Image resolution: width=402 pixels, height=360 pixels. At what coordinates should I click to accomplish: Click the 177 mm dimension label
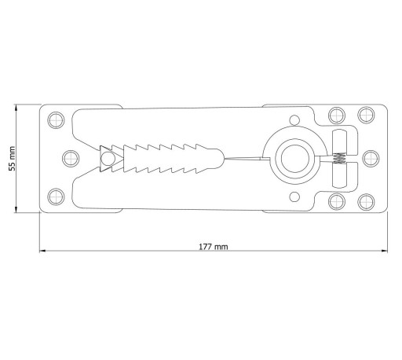click(x=214, y=247)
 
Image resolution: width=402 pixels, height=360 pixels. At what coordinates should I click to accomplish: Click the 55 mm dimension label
click(x=12, y=159)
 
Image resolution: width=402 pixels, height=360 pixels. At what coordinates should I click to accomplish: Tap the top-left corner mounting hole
click(x=56, y=120)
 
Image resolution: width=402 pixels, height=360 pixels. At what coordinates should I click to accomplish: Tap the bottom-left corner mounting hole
click(x=56, y=197)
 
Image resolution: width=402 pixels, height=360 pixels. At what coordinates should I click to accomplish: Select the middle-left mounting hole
click(x=71, y=158)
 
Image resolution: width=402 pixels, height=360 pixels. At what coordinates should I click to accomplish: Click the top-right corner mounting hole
click(x=366, y=115)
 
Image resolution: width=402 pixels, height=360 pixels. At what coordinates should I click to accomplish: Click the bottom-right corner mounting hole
click(x=366, y=202)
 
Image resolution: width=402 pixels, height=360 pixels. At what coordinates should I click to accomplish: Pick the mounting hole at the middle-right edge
click(x=371, y=158)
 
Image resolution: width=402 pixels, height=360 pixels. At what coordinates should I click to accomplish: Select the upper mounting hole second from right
click(x=337, y=116)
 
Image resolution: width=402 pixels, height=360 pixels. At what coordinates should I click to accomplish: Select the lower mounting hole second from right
click(x=337, y=201)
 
